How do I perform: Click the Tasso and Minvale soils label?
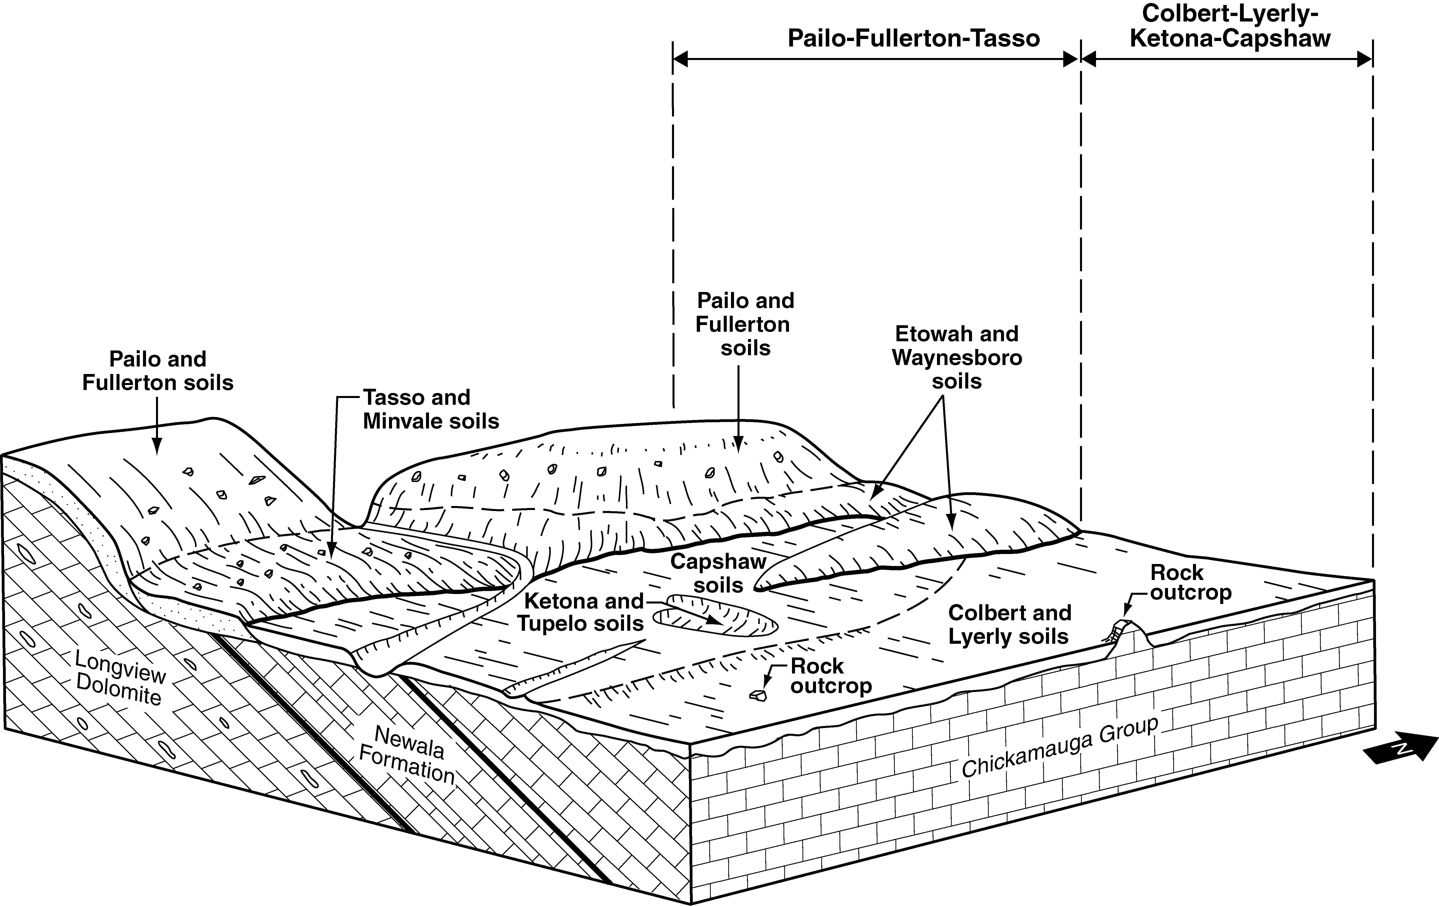coord(430,409)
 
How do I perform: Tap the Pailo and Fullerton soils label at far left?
coord(158,370)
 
